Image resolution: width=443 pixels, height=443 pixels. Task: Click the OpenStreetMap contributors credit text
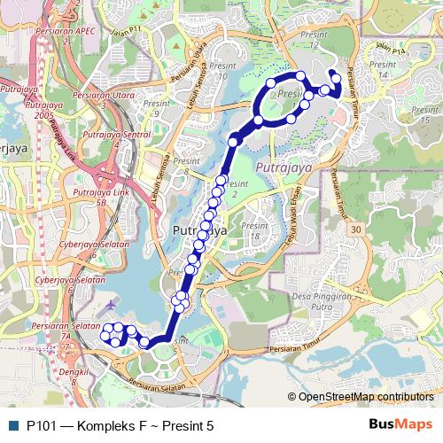coord(364,398)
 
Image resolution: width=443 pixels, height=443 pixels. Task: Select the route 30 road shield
coord(356,229)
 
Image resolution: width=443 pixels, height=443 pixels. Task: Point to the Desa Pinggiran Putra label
coord(321,301)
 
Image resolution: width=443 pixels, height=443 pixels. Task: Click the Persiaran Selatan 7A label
coord(65,330)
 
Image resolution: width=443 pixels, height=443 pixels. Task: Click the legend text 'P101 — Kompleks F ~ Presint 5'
coord(120,425)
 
